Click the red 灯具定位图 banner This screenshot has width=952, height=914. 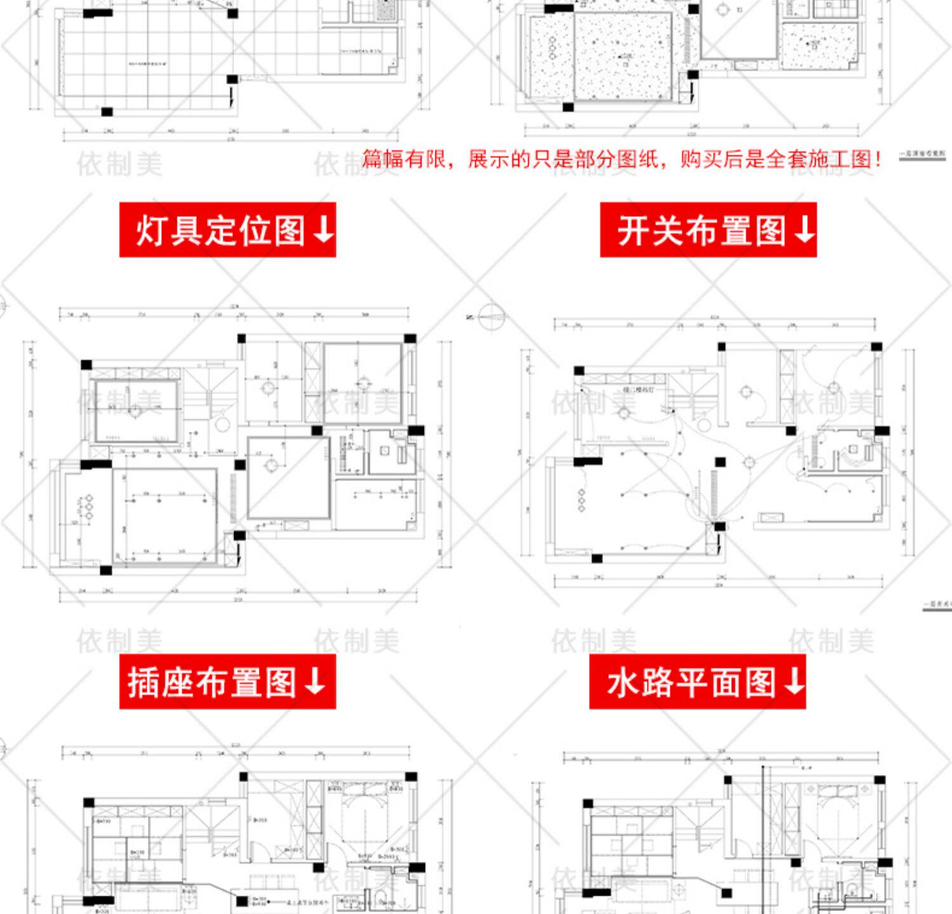coord(227,230)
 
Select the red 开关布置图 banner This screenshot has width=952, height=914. coord(708,230)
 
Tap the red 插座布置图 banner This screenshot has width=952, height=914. coord(227,682)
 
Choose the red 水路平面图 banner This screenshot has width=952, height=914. coord(697,682)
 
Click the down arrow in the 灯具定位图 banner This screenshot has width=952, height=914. coord(322,230)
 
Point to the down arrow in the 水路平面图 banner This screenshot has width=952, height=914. coord(794,682)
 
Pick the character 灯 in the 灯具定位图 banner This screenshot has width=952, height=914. coord(151,230)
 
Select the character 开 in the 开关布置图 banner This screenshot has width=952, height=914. coord(633,230)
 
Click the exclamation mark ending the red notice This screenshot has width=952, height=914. coord(878,159)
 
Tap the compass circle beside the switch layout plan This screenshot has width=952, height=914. coord(492,316)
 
